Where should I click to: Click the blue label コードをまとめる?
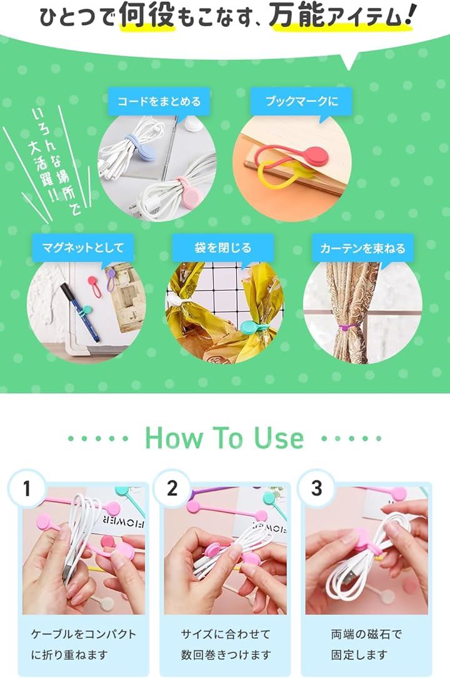pos(159,101)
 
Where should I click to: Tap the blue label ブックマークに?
pos(301,101)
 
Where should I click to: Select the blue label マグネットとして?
pos(83,248)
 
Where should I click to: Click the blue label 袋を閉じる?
pos(223,248)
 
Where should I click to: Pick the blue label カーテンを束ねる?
pos(362,248)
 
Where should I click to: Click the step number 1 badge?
pos(27,488)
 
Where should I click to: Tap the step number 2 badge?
pos(172,488)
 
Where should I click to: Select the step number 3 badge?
pos(316,488)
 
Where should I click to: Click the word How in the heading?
pos(174,438)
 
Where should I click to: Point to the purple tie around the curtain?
pos(347,327)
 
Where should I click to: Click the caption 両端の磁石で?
pos(366,634)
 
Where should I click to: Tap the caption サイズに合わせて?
pos(225,634)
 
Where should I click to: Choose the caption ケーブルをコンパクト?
pos(83,634)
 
